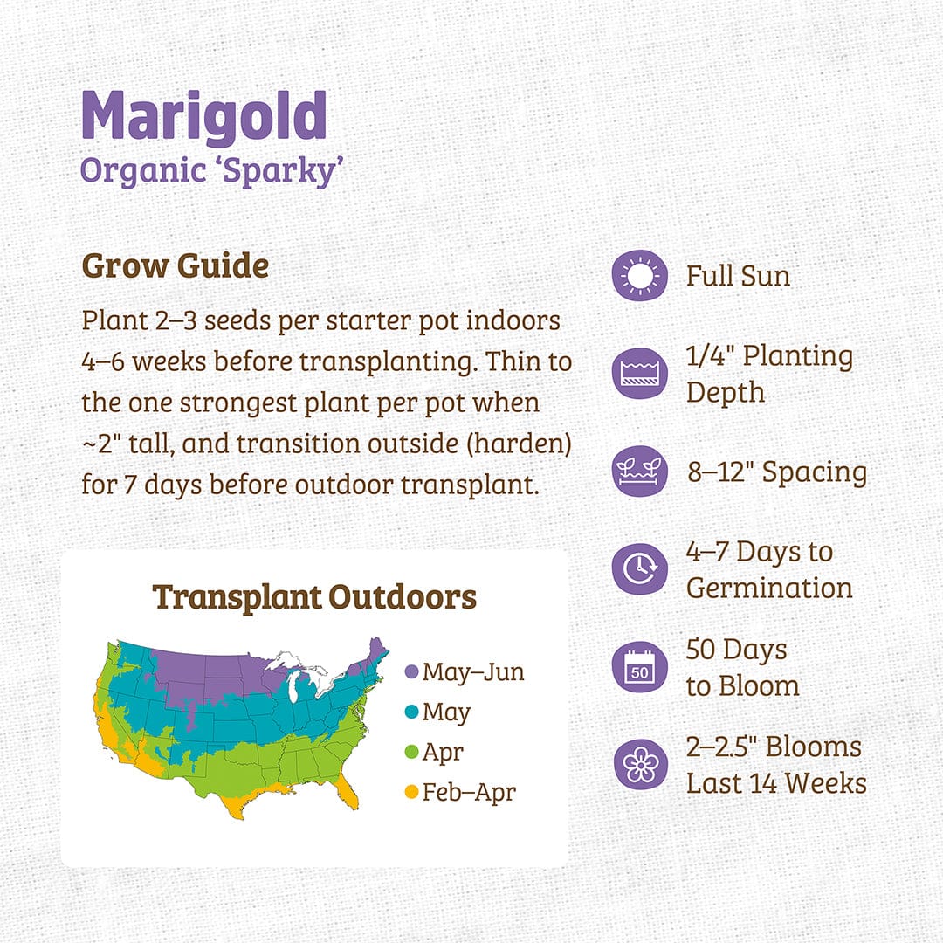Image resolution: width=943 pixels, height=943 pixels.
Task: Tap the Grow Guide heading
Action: [176, 266]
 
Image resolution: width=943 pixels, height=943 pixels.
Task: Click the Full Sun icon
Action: [640, 276]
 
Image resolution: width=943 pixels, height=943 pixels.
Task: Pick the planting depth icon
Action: [640, 373]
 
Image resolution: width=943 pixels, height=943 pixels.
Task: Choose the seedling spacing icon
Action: [640, 471]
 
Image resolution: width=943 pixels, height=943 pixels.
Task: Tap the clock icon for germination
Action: [640, 569]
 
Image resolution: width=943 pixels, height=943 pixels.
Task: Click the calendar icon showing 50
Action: [640, 668]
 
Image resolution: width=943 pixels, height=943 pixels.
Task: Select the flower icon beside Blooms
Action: [640, 765]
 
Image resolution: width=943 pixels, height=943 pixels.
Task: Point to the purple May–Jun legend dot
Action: [412, 672]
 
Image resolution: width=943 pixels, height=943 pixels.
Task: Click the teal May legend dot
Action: [412, 712]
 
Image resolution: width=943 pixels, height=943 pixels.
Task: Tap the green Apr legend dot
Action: [412, 753]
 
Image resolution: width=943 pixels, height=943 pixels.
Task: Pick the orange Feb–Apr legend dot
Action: [412, 793]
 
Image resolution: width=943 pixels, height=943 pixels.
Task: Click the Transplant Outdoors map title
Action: [314, 597]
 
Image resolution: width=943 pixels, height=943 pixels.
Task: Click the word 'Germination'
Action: [769, 588]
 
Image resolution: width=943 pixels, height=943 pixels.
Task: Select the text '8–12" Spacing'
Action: [776, 471]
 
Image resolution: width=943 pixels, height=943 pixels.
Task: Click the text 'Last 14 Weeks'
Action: [776, 783]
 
